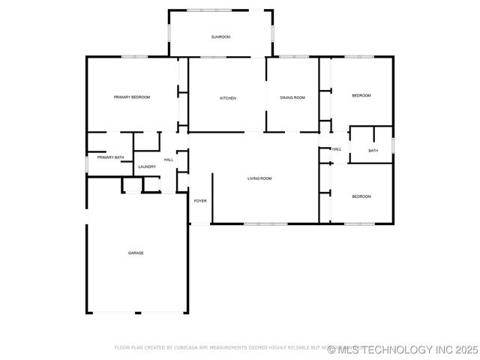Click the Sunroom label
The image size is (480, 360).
click(x=220, y=37)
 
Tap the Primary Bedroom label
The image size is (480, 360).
click(x=132, y=97)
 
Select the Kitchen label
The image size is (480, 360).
click(x=228, y=98)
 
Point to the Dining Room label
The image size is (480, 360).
click(x=292, y=98)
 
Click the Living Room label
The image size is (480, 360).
click(x=259, y=178)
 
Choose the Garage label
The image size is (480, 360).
click(x=135, y=253)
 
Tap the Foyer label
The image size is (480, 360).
click(x=200, y=201)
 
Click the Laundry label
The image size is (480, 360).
click(x=147, y=166)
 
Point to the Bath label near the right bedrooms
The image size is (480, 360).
click(x=373, y=151)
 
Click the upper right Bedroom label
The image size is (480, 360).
click(x=361, y=95)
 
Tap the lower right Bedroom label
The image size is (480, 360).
click(x=361, y=196)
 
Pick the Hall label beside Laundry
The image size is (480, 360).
click(x=169, y=160)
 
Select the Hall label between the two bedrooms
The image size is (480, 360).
click(x=337, y=149)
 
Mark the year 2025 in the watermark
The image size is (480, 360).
click(x=465, y=349)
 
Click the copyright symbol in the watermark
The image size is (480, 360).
click(x=331, y=349)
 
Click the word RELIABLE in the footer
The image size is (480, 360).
click(x=313, y=348)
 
